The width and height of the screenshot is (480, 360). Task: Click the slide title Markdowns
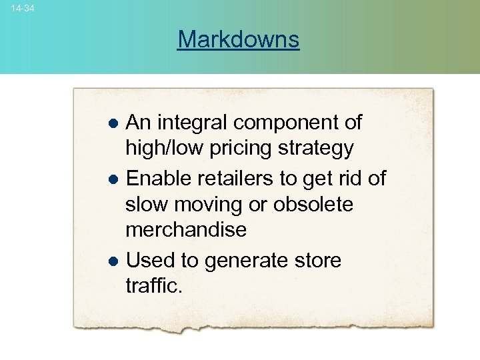239,39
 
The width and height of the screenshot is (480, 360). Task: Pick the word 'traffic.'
153,287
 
